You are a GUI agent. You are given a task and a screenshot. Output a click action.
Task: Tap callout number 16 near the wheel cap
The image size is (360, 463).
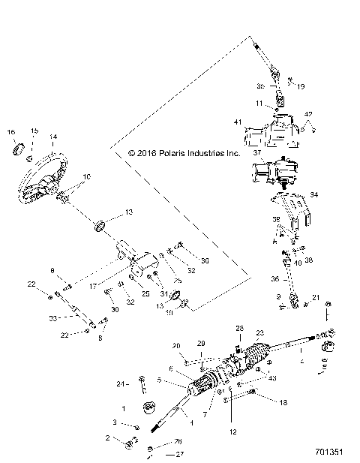tap(11, 132)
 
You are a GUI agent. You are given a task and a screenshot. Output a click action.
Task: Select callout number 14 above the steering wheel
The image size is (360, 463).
tap(53, 137)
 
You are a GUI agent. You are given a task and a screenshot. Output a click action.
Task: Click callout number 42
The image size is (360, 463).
tap(308, 114)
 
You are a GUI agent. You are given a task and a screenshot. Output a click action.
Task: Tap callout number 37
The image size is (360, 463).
tap(256, 152)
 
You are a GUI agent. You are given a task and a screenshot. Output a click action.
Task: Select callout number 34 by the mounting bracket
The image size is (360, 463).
tap(314, 195)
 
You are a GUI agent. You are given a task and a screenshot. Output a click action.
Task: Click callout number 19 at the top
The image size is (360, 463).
tap(301, 87)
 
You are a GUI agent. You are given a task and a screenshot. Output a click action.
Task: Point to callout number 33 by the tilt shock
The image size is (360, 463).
tap(52, 319)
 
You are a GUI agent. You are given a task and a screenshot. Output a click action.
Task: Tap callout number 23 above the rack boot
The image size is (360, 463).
tap(261, 333)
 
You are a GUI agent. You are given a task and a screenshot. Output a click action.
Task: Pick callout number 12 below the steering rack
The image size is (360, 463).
tap(233, 431)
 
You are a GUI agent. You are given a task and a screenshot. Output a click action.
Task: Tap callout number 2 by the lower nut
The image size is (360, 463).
tap(107, 437)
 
